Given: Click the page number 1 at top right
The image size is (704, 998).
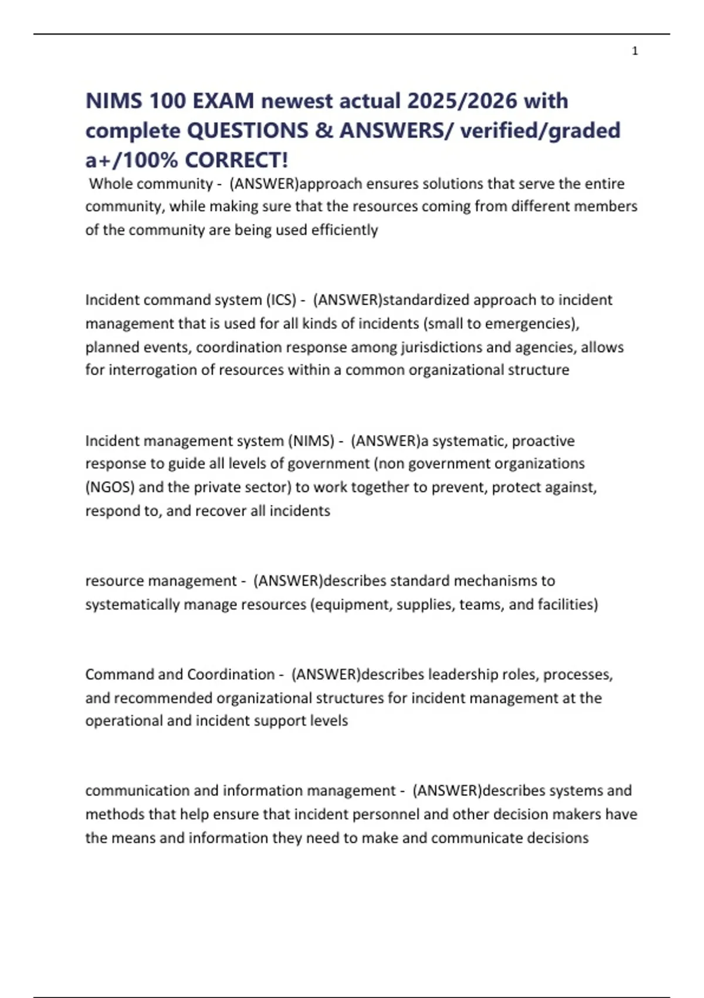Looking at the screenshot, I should pos(635,51).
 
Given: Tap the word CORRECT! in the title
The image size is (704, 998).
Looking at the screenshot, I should pos(236,160).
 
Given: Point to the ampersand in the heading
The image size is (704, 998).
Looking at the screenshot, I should pos(323,130).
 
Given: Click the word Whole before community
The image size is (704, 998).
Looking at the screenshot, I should pos(110,184).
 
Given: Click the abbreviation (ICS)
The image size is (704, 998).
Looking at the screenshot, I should pos(281,300).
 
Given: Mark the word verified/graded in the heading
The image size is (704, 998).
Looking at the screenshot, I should pos(540,130).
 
